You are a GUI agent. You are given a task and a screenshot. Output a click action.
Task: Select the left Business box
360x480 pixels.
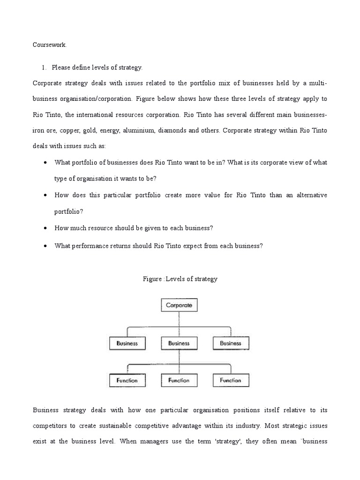click(x=127, y=343)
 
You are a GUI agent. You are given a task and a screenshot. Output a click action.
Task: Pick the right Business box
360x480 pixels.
click(x=231, y=343)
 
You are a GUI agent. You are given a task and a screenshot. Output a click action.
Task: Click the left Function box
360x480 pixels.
click(x=127, y=380)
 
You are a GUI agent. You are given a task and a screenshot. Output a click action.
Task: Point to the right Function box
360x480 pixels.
click(x=231, y=380)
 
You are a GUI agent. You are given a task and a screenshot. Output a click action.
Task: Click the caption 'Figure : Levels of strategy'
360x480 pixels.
click(x=180, y=279)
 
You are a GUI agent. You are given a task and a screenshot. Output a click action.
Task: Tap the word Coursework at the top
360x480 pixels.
click(x=50, y=45)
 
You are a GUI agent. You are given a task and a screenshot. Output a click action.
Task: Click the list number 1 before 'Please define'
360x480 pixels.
click(x=44, y=67)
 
